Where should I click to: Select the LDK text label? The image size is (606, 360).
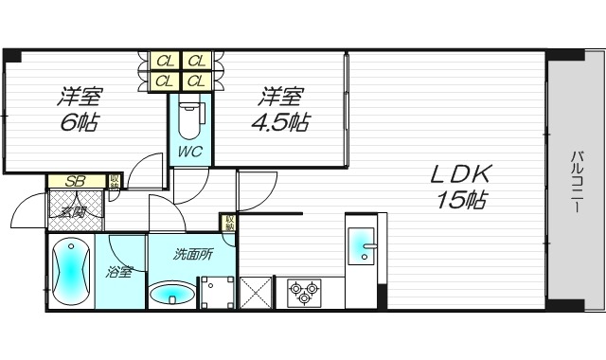click(461, 174)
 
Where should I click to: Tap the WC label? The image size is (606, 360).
click(190, 152)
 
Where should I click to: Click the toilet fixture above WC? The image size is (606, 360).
click(190, 119)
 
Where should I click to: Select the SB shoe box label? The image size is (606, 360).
click(71, 182)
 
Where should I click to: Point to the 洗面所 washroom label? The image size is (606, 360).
click(193, 254)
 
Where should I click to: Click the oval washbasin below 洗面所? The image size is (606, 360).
click(173, 291)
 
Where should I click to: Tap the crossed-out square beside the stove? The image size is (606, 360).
click(256, 291)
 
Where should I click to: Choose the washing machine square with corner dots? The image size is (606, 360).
click(216, 292)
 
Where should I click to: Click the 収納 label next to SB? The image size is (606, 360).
click(115, 182)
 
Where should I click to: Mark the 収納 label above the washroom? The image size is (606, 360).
click(229, 224)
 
